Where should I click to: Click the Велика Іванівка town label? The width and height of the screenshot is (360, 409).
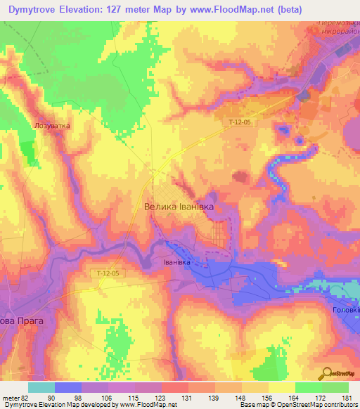pyautogui.click(x=178, y=207)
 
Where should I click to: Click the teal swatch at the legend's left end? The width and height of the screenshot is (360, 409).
pyautogui.click(x=41, y=387)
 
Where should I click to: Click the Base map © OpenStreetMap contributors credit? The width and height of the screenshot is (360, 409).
pyautogui.click(x=297, y=405)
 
